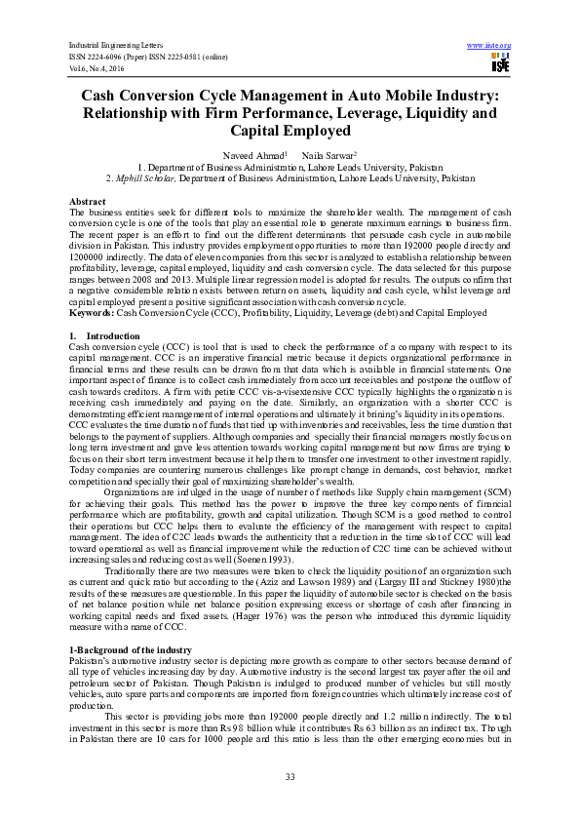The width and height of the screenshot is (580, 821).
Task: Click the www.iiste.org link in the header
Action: pyautogui.click(x=489, y=46)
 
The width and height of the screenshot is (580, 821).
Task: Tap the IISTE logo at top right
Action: pyautogui.click(x=501, y=64)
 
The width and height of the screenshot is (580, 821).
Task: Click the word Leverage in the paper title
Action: pyautogui.click(x=368, y=113)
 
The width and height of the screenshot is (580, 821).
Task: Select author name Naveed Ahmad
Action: pyautogui.click(x=255, y=155)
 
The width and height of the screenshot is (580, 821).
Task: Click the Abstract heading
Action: pyautogui.click(x=88, y=200)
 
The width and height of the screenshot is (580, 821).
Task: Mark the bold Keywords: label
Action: pyautogui.click(x=95, y=286)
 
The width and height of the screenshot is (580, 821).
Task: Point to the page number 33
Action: pyautogui.click(x=290, y=776)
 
